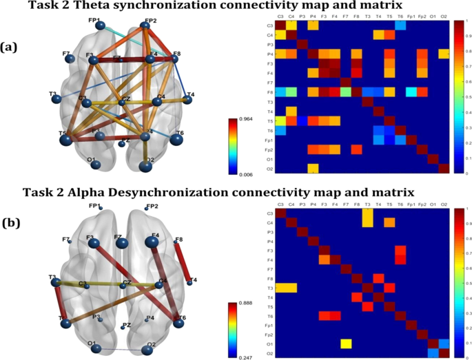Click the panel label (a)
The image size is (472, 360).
(9, 47)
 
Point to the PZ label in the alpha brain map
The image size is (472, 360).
(126, 326)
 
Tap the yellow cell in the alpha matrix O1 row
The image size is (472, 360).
(346, 343)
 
